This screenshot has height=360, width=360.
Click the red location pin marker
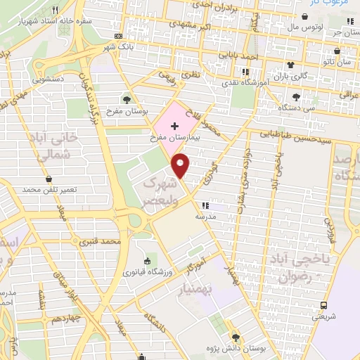pos(181,165)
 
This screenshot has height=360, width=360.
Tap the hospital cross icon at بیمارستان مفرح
pos(174,124)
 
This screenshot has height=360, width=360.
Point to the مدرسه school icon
pos(205,205)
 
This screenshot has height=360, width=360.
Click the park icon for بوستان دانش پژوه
pos(236,336)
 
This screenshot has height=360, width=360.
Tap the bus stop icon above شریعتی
pos(324,305)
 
